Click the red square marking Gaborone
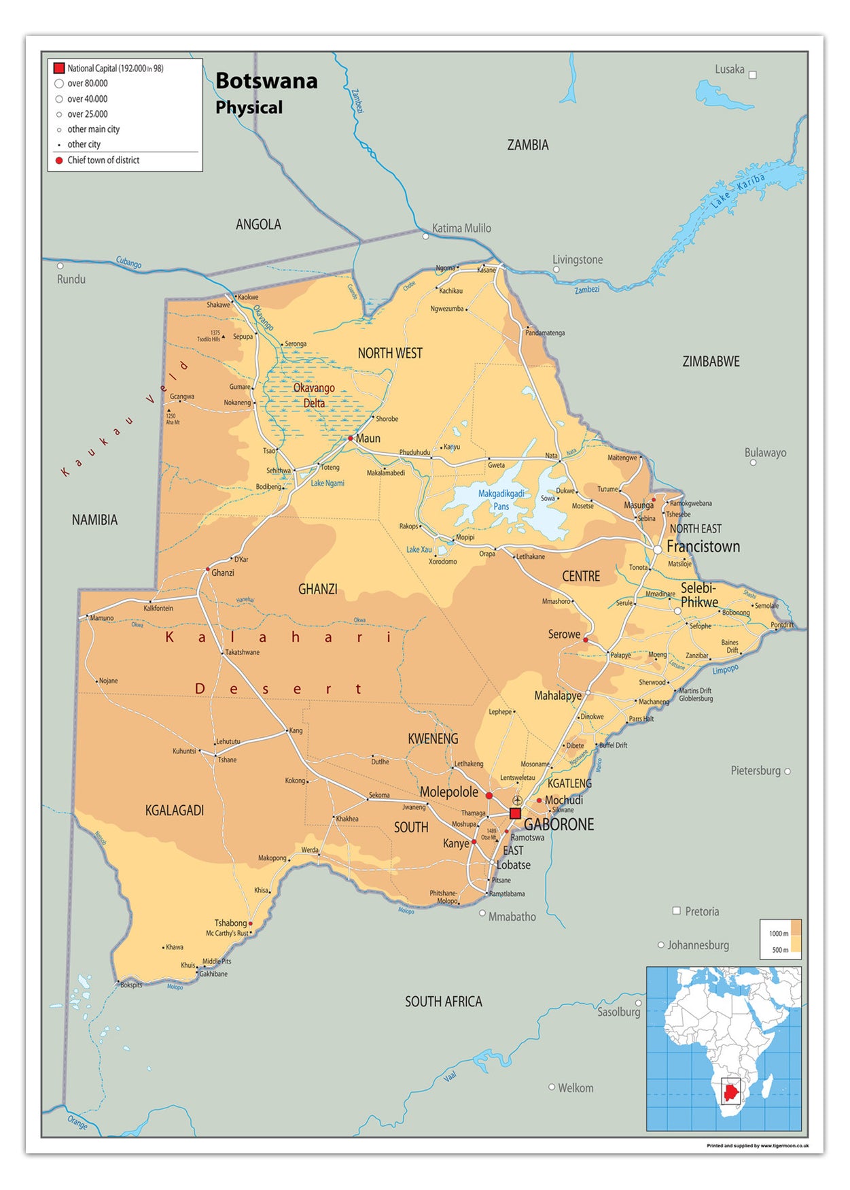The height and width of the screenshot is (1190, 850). (515, 813)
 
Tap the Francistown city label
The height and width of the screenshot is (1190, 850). (703, 547)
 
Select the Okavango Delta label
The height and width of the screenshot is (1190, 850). (314, 395)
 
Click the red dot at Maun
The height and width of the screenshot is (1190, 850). (351, 439)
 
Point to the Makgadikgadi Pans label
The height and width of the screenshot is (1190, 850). (501, 500)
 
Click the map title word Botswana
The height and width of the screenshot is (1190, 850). (266, 81)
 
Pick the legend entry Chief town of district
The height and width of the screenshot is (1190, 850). (103, 160)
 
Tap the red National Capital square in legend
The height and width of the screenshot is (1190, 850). (59, 68)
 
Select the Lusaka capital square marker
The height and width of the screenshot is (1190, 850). (752, 75)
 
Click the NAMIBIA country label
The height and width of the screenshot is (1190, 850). (94, 520)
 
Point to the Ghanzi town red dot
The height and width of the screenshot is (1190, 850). (208, 569)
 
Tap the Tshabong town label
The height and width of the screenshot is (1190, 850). (230, 923)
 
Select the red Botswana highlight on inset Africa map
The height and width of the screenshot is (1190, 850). (730, 1093)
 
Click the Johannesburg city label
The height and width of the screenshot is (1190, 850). (698, 945)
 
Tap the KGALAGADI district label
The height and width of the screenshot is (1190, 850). (175, 811)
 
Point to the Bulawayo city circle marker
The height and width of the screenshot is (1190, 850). (753, 462)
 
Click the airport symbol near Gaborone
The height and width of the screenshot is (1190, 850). (518, 800)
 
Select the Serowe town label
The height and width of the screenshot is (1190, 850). (564, 634)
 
